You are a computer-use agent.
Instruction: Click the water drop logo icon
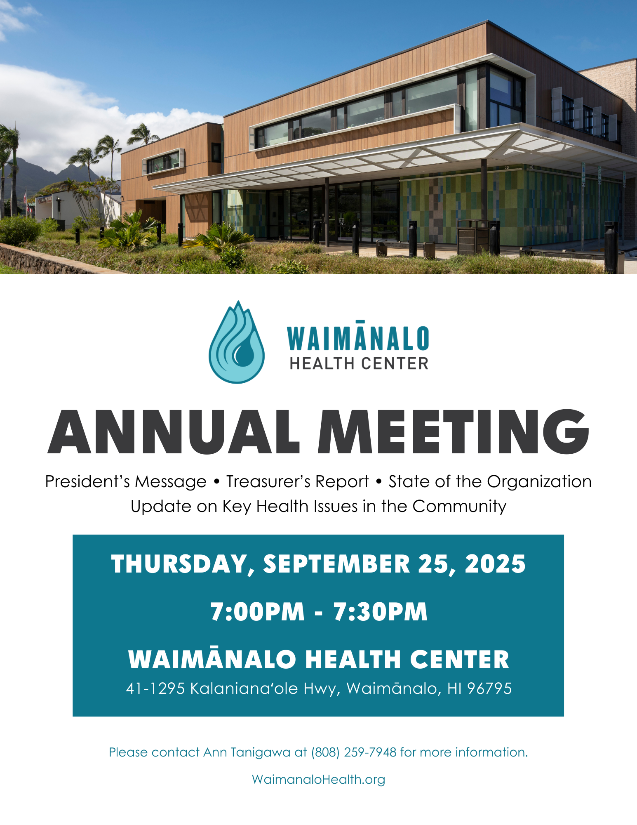click(237, 342)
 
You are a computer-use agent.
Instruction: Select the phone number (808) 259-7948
click(354, 752)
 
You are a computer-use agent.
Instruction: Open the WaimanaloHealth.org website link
click(318, 779)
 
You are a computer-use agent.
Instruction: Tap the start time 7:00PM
click(258, 611)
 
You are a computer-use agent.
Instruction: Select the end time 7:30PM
click(380, 611)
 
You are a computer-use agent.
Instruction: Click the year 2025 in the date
click(495, 564)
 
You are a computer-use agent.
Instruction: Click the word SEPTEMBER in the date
click(336, 564)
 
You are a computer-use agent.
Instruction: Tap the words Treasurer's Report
click(297, 481)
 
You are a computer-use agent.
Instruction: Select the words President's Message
click(126, 482)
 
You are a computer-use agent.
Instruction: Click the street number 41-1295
click(155, 688)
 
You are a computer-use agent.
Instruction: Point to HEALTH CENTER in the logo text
click(359, 363)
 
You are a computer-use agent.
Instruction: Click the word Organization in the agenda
click(539, 482)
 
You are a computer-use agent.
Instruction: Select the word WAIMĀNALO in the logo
click(358, 336)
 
